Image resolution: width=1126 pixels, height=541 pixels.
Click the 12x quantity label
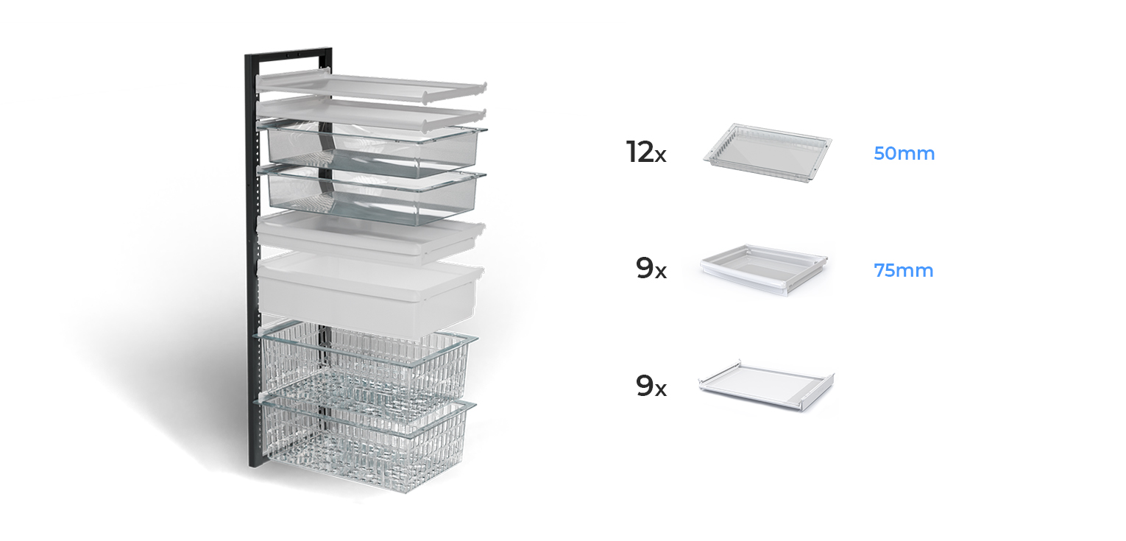645,152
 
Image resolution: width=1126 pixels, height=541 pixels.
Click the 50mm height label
904,154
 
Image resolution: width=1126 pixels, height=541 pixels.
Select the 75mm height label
903,270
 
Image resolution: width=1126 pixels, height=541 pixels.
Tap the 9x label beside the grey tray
651,269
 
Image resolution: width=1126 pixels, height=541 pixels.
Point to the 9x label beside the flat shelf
651,386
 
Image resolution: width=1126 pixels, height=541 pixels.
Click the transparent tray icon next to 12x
767,152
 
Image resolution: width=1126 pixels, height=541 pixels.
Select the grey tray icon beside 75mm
764,270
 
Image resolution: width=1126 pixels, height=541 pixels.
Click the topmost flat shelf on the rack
368,88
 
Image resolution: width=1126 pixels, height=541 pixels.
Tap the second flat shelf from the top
368,113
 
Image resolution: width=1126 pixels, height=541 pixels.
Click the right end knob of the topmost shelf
484,88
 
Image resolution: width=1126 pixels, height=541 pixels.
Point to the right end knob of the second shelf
483,113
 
